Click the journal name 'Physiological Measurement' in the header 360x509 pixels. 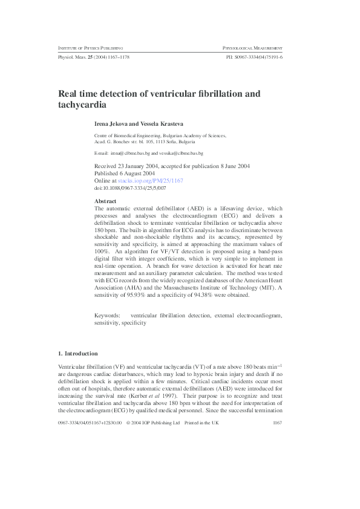(253, 47)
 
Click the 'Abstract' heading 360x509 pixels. (106, 201)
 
